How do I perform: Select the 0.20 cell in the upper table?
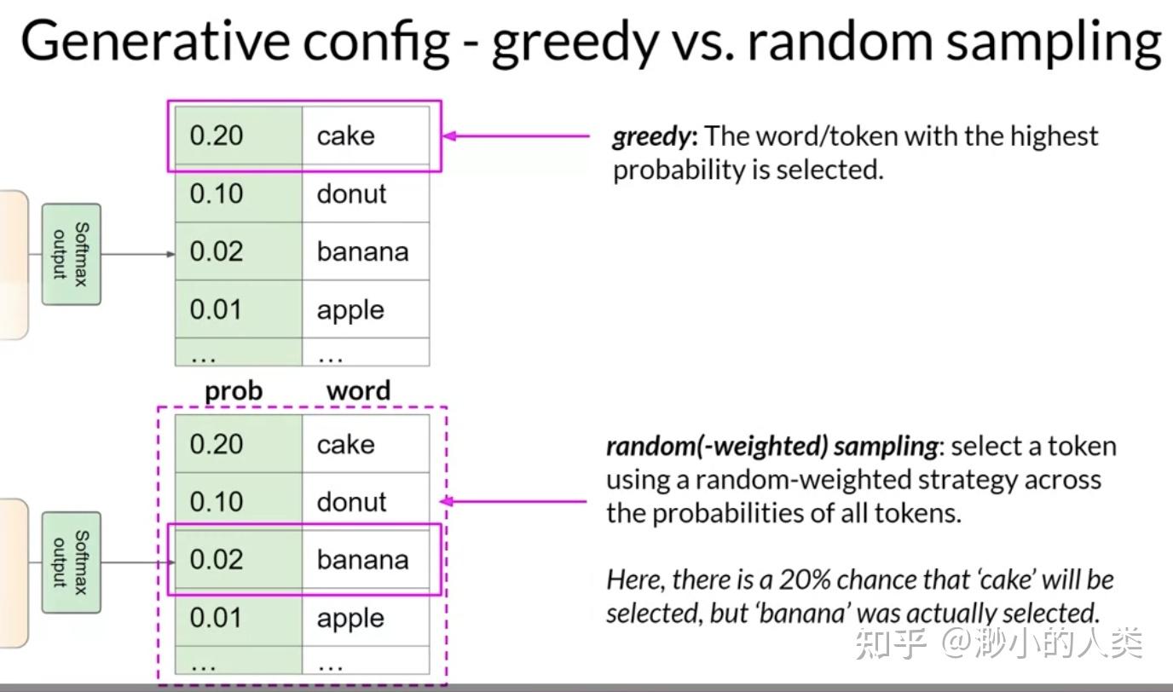(x=217, y=136)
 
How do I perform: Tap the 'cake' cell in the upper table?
(x=346, y=136)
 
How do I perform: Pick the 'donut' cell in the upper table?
(x=351, y=193)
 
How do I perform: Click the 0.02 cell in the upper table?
(x=217, y=251)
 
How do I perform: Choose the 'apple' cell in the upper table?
(x=350, y=310)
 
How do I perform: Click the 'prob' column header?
(x=234, y=391)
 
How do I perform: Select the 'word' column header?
(x=358, y=391)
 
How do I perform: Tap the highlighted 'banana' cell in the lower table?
(x=363, y=560)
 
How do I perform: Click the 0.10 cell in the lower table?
(x=217, y=502)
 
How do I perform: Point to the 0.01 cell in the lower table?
(x=217, y=618)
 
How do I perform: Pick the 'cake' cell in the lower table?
(x=346, y=444)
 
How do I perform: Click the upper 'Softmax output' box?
(x=71, y=254)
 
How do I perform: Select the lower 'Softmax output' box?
(x=71, y=562)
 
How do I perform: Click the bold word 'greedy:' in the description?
(x=655, y=136)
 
